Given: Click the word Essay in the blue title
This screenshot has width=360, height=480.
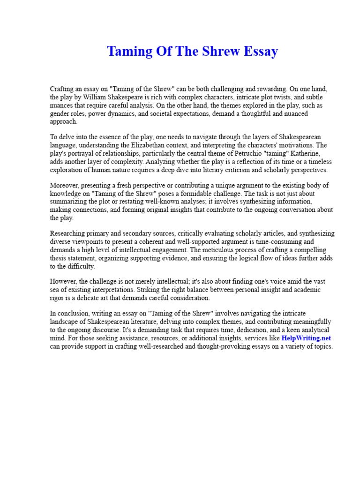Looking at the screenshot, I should pos(259,51).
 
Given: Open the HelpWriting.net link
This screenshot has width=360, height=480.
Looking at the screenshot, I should pos(306,338).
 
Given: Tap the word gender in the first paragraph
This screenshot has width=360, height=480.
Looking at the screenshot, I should pos(60,113).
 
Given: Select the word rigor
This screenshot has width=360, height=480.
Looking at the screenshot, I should pos(58,298).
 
